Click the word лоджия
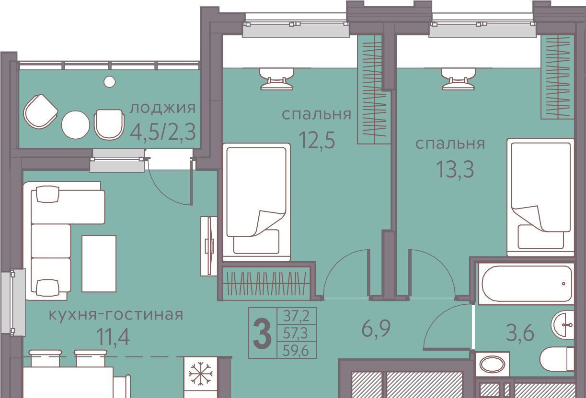162,109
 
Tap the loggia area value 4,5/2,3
163,132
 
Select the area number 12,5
317,140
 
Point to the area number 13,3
455,169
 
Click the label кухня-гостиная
116,315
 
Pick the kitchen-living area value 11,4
113,337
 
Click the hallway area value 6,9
376,328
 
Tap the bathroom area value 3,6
520,333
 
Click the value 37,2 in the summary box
297,316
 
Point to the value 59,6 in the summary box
297,351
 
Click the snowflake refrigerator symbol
200,374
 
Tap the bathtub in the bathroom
527,284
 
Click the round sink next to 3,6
563,325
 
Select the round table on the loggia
75,125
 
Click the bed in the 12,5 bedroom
256,202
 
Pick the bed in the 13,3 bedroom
540,198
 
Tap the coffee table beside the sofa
99,264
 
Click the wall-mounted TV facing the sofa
209,246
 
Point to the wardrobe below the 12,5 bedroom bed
266,283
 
